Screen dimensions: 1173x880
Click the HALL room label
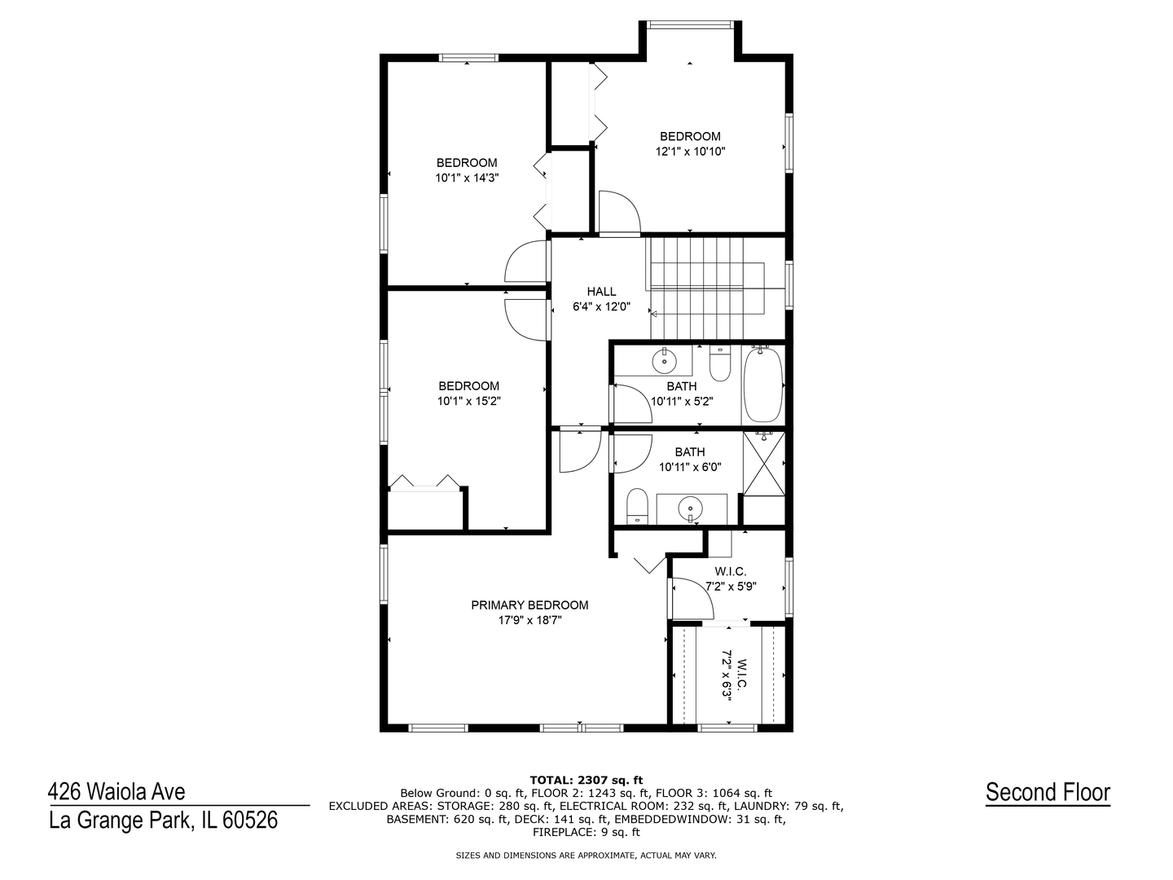[x=601, y=292]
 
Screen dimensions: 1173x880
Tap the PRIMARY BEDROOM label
[x=529, y=605]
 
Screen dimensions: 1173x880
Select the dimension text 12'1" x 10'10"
[x=690, y=152]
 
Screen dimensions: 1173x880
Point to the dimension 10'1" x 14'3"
[x=467, y=178]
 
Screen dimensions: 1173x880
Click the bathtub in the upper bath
[x=763, y=385]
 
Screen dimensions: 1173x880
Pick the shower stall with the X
[x=763, y=464]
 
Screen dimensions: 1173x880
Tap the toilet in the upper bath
[x=720, y=363]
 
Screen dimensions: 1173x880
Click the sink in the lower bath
[x=691, y=506]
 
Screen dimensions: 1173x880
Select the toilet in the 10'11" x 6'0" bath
[x=636, y=505]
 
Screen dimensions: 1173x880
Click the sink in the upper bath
[x=664, y=361]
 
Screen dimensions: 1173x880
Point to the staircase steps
[x=705, y=288]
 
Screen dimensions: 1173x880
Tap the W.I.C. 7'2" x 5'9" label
[x=731, y=579]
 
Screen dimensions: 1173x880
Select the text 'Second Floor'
[x=1048, y=792]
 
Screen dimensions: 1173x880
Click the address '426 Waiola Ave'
[x=116, y=792]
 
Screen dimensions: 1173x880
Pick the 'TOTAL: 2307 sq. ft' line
[x=586, y=781]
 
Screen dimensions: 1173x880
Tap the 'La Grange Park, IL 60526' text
[x=164, y=821]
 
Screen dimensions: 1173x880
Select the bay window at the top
[x=689, y=24]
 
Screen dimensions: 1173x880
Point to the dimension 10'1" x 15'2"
[x=468, y=401]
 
